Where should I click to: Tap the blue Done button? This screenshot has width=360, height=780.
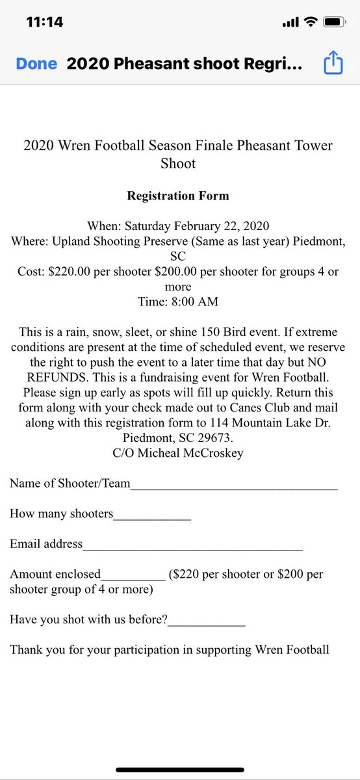(36, 64)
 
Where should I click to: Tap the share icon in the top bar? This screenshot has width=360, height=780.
(332, 64)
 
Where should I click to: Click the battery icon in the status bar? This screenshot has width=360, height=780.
(333, 22)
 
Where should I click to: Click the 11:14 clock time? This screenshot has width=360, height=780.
(45, 22)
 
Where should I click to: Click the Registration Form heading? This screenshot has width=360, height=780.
(178, 195)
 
